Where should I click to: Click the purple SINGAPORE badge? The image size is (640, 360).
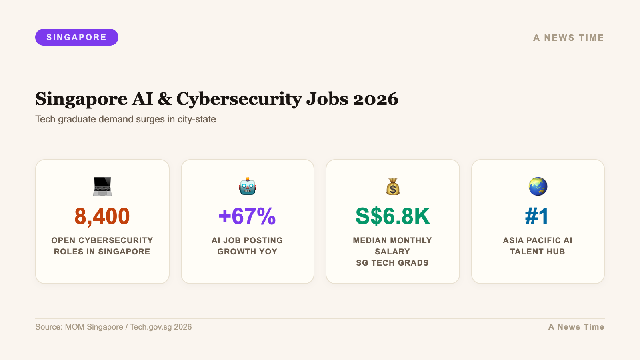point(77,37)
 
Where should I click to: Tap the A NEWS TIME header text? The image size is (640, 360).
point(568,38)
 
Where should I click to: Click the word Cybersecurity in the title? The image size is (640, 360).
point(239,99)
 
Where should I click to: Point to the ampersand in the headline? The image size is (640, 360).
point(165,99)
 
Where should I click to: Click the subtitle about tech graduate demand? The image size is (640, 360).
point(126,119)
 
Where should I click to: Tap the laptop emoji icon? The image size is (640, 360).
point(102,186)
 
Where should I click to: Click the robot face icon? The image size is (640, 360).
point(248,186)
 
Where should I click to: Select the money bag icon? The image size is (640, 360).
point(393,186)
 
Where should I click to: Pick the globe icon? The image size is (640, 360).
point(538,186)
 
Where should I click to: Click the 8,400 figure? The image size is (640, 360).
point(102,216)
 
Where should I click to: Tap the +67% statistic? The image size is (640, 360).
point(247,216)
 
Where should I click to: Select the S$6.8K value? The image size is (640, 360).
point(392,216)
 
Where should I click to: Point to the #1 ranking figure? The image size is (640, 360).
point(537,216)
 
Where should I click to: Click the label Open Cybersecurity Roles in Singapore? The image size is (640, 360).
point(102,246)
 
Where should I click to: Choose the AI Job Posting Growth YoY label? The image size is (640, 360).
point(247,246)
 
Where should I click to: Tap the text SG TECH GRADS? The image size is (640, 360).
point(392,263)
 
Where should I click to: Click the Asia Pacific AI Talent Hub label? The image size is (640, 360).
point(538,246)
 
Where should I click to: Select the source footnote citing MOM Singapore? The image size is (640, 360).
point(114,327)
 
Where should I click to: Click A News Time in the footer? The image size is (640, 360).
point(576,327)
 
